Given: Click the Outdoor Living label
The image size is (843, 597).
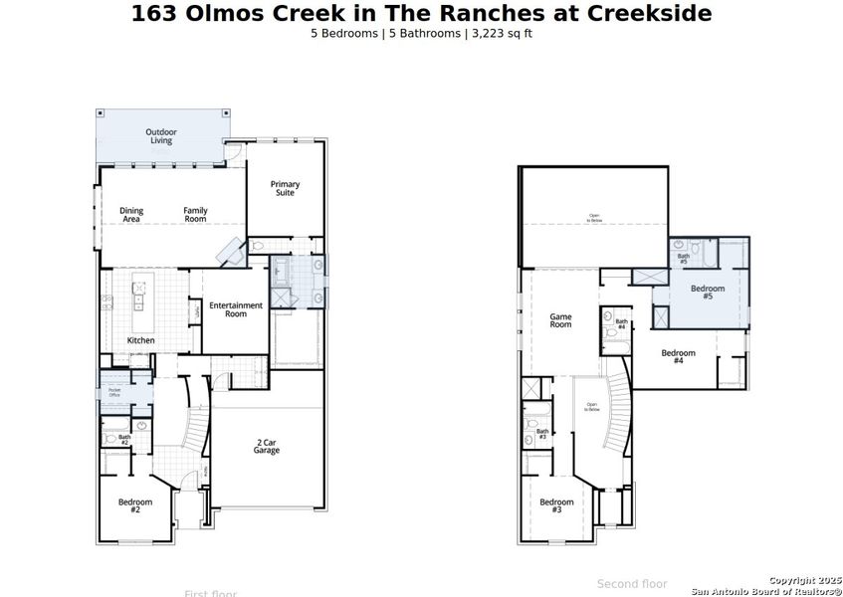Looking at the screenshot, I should click(x=160, y=136).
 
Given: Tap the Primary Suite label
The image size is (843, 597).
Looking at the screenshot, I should click(x=285, y=188).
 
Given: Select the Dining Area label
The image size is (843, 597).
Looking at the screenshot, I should click(x=131, y=214).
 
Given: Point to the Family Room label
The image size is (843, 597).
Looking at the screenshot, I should click(x=195, y=214).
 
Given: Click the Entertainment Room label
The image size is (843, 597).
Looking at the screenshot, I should click(x=235, y=309).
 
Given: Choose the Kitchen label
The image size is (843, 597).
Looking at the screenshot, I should click(x=140, y=340).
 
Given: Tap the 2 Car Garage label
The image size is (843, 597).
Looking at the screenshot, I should click(x=266, y=447).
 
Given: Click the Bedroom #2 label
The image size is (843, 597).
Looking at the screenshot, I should click(x=134, y=505).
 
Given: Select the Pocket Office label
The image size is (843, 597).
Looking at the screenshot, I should click(x=114, y=393).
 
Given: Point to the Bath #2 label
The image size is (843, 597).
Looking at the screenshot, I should click(x=124, y=439).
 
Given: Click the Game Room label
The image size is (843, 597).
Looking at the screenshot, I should click(x=560, y=320).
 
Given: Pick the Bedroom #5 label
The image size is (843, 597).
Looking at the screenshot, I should click(x=708, y=292).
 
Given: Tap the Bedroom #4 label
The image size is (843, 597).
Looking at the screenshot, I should click(x=678, y=356).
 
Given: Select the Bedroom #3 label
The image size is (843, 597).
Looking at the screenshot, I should click(x=556, y=505).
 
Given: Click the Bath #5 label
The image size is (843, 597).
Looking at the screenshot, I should click(x=683, y=259).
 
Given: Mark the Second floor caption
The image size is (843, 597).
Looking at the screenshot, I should click(x=632, y=584).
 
